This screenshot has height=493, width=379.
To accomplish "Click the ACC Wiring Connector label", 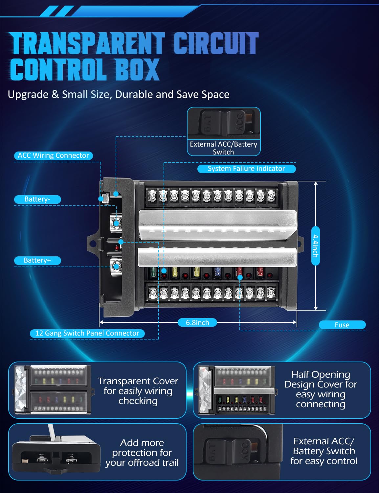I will coord(53,155).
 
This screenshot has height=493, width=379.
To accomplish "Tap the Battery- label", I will coord(37,199).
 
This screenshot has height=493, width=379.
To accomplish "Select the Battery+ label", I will coord(37,260).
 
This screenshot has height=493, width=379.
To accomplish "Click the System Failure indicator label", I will coord(246,169).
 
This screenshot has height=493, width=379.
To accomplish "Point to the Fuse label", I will coord(342,325).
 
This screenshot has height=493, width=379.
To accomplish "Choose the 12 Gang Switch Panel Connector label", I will coord(87,333).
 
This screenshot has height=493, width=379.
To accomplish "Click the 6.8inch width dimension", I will coord(197,323).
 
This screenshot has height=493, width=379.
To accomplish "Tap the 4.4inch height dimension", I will coord(315,246).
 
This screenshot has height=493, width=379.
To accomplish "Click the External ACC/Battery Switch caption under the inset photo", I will coord(223,148).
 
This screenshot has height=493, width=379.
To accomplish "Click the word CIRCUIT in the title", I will coord(216,43).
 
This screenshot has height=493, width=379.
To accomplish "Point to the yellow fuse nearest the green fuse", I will coord(175,272).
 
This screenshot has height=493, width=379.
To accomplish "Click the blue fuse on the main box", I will coord(217,272).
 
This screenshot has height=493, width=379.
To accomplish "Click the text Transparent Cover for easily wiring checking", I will coord(138,391).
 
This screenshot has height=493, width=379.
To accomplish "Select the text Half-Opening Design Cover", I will coord(321,380).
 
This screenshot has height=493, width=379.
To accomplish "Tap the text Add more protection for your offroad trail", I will coord(142,453).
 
